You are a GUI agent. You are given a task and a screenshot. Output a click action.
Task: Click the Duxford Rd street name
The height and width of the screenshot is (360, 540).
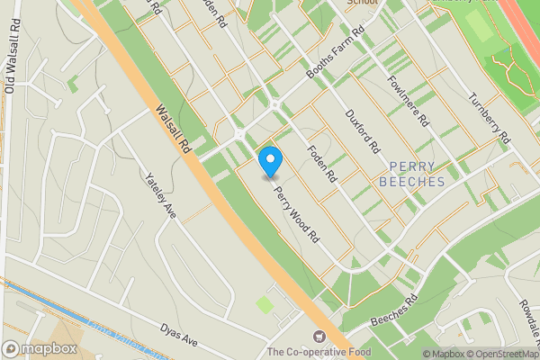(364, 130)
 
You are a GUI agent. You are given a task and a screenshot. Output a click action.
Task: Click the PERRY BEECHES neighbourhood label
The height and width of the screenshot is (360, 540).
(418, 174)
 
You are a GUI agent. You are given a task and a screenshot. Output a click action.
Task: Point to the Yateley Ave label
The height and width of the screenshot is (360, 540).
(158, 193)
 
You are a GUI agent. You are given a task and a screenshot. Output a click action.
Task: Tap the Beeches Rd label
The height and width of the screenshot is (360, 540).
(393, 311)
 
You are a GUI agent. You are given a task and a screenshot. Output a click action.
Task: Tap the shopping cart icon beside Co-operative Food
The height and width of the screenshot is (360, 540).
(316, 337)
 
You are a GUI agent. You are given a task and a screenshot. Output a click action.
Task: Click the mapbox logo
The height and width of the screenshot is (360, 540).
(39, 348)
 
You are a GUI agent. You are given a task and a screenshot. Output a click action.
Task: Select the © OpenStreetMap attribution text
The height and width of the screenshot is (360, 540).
(500, 354)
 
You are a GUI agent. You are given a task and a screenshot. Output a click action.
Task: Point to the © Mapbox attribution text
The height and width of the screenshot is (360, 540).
(441, 354)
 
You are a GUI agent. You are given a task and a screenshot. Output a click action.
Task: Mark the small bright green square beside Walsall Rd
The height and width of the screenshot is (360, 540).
(265, 305)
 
